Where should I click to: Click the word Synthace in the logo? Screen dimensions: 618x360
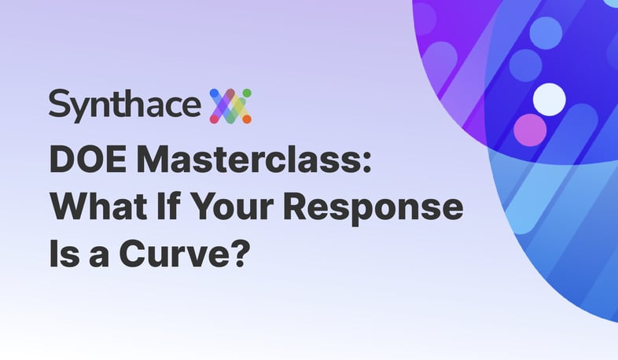coord(124,105)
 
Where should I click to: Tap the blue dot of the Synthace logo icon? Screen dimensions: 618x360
coord(214,94)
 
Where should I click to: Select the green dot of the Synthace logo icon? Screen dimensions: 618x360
coord(247,93)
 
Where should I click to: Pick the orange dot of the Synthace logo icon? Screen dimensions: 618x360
coord(247,119)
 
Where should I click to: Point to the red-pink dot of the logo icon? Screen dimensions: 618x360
coord(214,119)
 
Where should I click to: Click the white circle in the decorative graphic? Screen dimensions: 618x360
coord(550,99)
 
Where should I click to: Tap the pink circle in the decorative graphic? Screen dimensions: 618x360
coord(530,130)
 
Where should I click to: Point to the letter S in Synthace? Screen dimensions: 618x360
coord(60,102)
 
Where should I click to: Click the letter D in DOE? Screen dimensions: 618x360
coord(62,160)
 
